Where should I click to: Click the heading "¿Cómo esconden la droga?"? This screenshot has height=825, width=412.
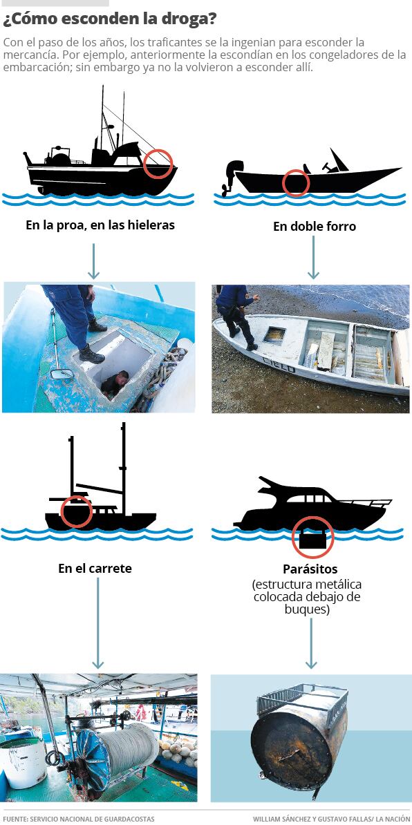click(109, 19)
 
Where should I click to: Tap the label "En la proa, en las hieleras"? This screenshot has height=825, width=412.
click(100, 225)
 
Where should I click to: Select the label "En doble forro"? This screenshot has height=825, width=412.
click(314, 227)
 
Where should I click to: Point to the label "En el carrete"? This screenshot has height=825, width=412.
click(95, 568)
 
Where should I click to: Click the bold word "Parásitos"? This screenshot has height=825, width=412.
click(310, 569)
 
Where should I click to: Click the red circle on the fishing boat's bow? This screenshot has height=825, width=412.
click(158, 164)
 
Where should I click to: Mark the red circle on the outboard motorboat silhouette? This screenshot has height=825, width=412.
click(296, 183)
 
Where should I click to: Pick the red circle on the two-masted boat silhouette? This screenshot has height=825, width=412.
click(77, 511)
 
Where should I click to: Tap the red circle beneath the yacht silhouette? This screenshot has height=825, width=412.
click(312, 537)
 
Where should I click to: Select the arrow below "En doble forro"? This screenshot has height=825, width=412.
click(313, 257)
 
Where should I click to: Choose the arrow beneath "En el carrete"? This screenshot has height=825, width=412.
click(98, 623)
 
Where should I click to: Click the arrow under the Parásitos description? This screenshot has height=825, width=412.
click(311, 643)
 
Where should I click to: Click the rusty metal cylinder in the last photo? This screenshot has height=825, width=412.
click(299, 743)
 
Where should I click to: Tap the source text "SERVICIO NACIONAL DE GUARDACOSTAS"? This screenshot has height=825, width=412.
click(92, 819)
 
